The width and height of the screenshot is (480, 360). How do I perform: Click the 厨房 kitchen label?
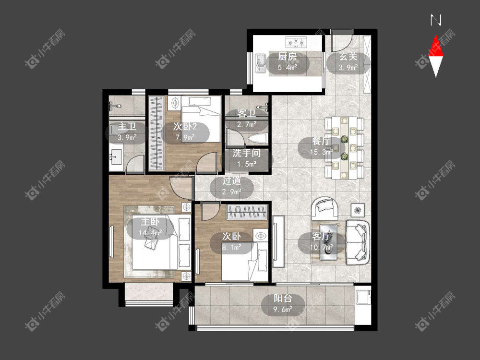pos(287,57)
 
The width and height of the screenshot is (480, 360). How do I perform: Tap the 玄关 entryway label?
pos(348,57)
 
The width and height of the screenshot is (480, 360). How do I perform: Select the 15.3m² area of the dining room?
pos(322,152)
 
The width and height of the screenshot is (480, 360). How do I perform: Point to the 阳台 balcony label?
pos(283,298)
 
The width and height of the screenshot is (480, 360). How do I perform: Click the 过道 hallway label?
pos(231,180)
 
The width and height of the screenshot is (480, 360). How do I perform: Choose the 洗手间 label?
pos(246,153)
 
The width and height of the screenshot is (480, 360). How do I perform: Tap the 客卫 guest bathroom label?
pos(246,114)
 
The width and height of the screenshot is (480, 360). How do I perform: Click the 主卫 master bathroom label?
pos(127,126)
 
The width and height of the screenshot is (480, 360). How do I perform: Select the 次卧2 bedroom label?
pos(185,126)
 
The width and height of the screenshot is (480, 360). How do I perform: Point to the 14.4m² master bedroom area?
pos(150,233)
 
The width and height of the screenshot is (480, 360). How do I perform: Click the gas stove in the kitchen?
pos(296,42)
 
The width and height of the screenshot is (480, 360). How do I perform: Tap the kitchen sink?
pos(261,63)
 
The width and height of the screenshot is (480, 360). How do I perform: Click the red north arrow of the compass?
pos(436,45)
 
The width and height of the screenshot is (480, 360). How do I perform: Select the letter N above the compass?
pos(436,20)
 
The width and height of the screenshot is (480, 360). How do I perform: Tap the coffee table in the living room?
pos(328,242)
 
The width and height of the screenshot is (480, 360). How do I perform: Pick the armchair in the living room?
pos(324,209)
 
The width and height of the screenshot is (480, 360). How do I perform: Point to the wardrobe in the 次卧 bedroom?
pos(247,212)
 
